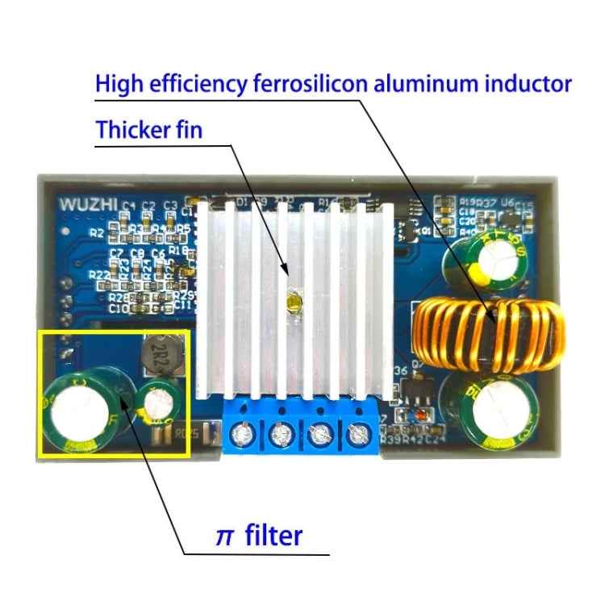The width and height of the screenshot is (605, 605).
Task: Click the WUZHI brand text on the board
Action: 86,204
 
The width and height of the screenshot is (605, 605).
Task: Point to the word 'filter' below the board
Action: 273,534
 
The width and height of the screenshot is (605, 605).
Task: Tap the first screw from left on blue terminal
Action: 240,436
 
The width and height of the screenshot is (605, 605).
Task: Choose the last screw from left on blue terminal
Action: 356,436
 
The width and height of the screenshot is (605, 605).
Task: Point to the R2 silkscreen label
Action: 97,233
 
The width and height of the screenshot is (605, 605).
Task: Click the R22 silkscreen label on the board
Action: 100,275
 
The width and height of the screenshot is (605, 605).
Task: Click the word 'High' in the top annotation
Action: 120,83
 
